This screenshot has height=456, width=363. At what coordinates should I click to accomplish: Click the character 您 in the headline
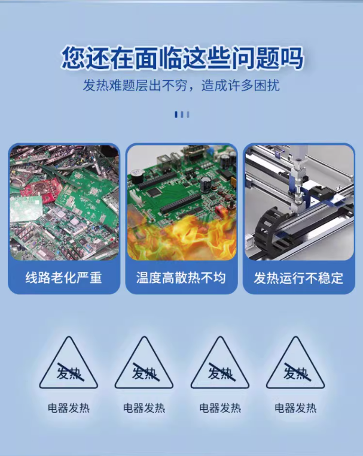tap(74, 58)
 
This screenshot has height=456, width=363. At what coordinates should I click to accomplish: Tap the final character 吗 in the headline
tap(291, 58)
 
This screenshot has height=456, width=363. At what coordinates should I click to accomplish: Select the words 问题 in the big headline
tap(254, 58)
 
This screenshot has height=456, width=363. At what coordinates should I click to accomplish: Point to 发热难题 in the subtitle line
tap(109, 86)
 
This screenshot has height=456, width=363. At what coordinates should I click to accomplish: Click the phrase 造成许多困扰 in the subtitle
tap(240, 86)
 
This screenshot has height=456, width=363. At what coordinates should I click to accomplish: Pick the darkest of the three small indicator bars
tap(176, 114)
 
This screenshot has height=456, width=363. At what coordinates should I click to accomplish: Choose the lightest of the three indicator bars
tap(188, 114)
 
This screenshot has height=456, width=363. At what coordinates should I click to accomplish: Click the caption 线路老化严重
tap(63, 277)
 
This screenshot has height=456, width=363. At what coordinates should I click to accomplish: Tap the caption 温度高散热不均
tap(181, 277)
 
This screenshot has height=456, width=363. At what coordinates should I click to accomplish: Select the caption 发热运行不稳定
tap(298, 277)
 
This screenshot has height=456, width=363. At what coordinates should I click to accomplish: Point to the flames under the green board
tap(181, 237)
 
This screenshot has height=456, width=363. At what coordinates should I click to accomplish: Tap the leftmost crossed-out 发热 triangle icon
tap(69, 363)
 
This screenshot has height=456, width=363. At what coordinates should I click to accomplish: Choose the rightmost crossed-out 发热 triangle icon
tap(295, 363)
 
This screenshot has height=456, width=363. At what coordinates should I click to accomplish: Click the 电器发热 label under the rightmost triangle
tap(295, 408)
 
